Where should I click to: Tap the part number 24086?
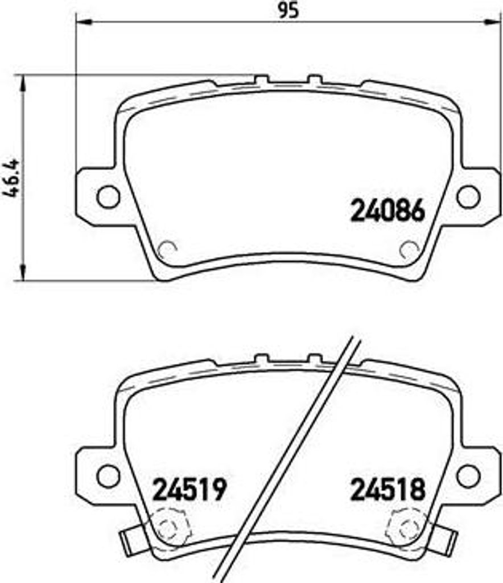coord(387,211)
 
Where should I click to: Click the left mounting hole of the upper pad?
coord(108,196)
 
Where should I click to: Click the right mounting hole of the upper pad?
coord(468,196)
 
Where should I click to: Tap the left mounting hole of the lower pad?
coord(108,475)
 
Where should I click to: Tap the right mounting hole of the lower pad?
coord(468,475)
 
